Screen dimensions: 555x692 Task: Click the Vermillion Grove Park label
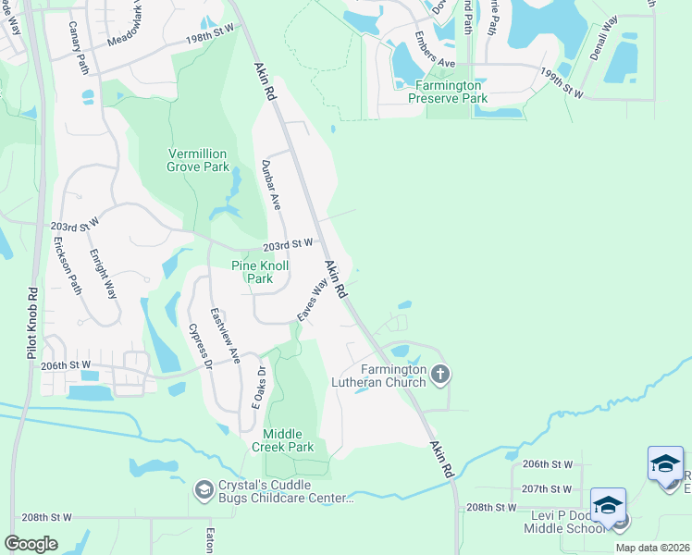coord(197,160)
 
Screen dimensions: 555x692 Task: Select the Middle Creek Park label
coord(289,439)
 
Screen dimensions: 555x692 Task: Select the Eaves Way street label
coord(312,302)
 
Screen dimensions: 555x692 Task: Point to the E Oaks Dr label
coord(260,388)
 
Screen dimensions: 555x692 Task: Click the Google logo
coord(31,544)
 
